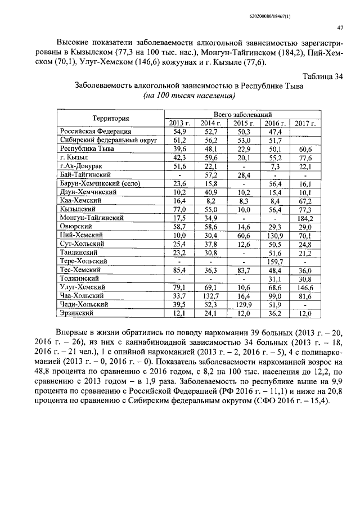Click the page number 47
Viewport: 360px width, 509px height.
pyautogui.click(x=340, y=28)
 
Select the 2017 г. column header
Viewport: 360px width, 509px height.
pyautogui.click(x=305, y=123)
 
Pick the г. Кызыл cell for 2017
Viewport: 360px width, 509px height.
pyautogui.click(x=305, y=157)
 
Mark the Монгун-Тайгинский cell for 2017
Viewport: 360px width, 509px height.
pyautogui.click(x=305, y=218)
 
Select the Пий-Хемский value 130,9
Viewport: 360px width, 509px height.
pyautogui.click(x=274, y=235)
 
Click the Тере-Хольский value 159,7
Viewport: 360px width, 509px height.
pyautogui.click(x=274, y=261)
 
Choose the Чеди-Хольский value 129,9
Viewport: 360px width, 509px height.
pyautogui.click(x=242, y=304)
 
